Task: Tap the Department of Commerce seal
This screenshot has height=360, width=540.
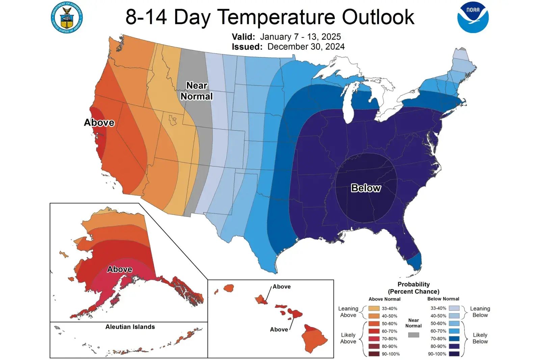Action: pos(67,18)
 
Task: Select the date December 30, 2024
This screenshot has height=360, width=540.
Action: pos(306,47)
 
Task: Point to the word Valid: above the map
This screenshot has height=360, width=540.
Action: pos(243,36)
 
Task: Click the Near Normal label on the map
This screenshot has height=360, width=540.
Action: pos(197,91)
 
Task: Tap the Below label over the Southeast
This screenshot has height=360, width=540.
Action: pos(366,188)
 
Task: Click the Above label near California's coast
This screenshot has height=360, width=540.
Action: pos(99,122)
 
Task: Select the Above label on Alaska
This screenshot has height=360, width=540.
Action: pos(119,269)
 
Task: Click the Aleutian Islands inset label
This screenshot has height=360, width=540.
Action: pos(130,327)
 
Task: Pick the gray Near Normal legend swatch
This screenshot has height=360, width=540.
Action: pos(413,335)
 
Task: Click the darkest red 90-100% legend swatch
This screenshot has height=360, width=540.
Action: pos(374,354)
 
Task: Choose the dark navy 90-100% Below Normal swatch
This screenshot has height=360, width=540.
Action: pos(454,354)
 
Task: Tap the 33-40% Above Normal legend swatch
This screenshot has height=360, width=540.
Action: pos(374,308)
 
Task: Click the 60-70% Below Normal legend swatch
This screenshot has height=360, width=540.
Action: pos(454,331)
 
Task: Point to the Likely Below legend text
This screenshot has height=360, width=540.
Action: pos(480,338)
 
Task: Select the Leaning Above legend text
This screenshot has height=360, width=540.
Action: pos(348,312)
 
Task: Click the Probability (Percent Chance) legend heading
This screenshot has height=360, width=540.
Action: pos(413,288)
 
